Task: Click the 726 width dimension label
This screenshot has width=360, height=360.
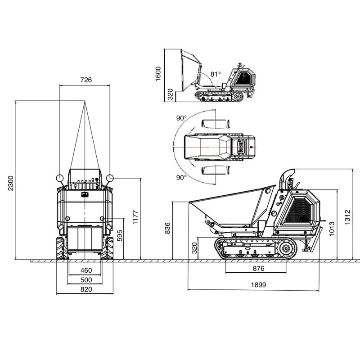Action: (86, 80)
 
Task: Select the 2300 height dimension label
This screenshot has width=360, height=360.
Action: (11, 183)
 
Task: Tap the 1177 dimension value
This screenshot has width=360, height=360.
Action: (135, 217)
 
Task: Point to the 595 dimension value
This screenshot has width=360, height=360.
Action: (120, 235)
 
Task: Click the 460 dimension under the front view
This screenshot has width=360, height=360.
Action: (86, 270)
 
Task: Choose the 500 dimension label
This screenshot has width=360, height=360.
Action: (86, 280)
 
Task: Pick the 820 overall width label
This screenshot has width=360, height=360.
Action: (86, 289)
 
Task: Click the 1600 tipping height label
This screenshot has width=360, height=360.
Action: (158, 74)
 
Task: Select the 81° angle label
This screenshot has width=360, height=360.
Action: (216, 74)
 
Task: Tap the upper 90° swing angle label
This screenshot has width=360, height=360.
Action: (181, 118)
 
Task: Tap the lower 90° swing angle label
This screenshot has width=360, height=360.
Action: (181, 177)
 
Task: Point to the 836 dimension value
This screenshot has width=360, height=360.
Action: (167, 228)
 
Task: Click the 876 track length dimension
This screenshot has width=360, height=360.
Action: (258, 268)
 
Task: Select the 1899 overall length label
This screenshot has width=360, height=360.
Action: (258, 285)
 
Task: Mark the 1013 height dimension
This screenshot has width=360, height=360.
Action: (332, 229)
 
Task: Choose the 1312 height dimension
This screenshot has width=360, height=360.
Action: (347, 217)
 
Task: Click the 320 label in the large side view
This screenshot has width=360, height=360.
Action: (194, 248)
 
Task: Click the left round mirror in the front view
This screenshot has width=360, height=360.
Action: (59, 178)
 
